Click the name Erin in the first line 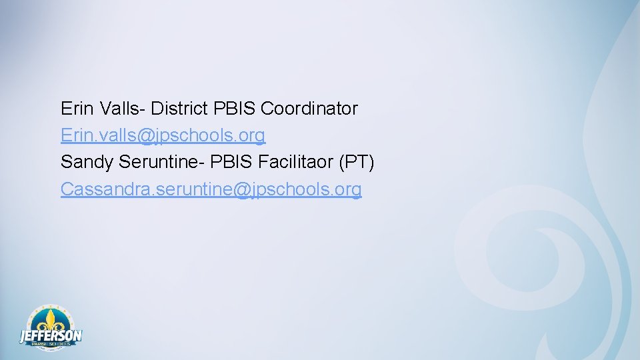pyautogui.click(x=75, y=109)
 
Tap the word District pyautogui.click(x=180, y=109)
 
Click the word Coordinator pyautogui.click(x=309, y=109)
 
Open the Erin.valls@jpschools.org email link pyautogui.click(x=163, y=136)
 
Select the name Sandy pyautogui.click(x=87, y=163)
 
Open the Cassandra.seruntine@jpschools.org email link pyautogui.click(x=211, y=189)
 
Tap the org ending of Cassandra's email pyautogui.click(x=348, y=190)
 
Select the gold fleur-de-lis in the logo pyautogui.click(x=51, y=319)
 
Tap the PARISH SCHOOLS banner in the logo pyautogui.click(x=51, y=344)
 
